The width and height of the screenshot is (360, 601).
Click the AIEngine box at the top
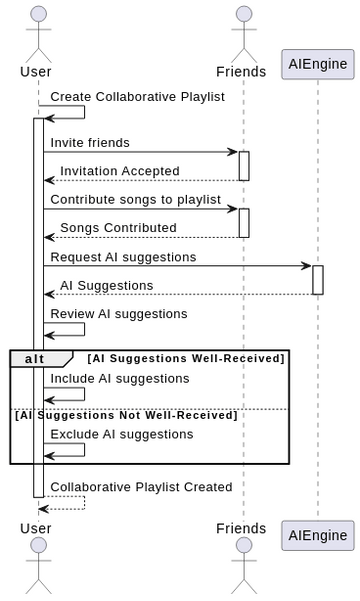tap(318, 64)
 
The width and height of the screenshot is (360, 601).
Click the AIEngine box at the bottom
tap(318, 535)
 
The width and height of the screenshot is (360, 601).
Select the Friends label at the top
tap(242, 71)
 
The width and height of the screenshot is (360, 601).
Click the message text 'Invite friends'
tap(90, 143)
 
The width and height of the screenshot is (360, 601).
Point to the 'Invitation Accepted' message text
tap(120, 171)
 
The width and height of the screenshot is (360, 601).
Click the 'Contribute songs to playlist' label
tap(136, 199)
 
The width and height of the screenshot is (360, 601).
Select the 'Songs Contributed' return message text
tap(118, 228)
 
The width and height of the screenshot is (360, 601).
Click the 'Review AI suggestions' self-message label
tap(119, 314)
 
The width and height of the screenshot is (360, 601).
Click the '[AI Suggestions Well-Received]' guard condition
tap(187, 358)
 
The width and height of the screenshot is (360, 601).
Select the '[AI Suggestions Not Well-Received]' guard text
tap(125, 415)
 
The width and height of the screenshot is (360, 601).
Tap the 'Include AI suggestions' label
tap(120, 379)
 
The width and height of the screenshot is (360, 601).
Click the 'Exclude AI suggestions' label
tap(122, 435)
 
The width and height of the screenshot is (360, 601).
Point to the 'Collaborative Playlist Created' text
tap(141, 487)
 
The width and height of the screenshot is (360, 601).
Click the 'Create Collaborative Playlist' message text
tap(138, 97)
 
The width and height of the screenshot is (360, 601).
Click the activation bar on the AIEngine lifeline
tap(318, 280)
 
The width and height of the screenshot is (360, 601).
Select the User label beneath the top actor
tap(37, 71)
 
